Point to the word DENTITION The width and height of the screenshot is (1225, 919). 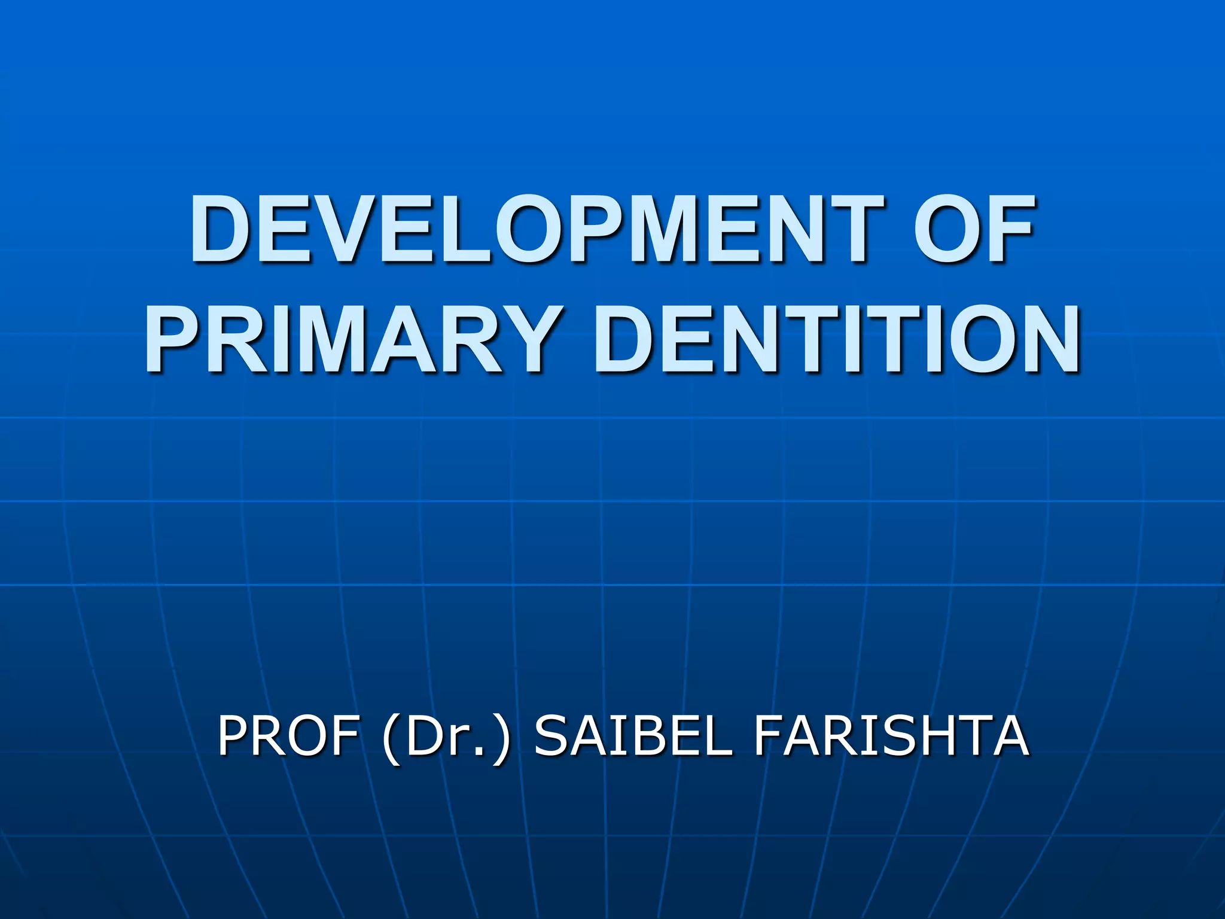(837, 339)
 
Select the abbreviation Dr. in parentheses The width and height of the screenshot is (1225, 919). (446, 735)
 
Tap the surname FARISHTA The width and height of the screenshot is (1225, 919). (891, 735)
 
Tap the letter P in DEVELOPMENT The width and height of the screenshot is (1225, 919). (602, 230)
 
